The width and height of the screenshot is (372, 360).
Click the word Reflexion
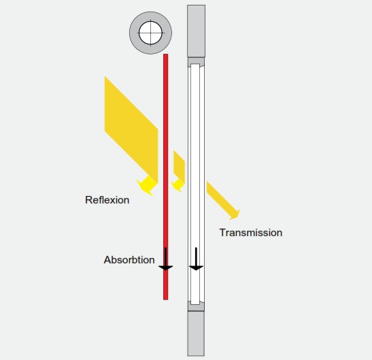107,200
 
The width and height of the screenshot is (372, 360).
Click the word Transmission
251,233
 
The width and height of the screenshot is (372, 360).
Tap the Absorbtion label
129,260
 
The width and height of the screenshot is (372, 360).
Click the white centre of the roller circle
150,33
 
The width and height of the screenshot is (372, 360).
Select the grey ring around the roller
134,33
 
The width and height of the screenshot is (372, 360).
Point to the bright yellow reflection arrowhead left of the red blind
147,186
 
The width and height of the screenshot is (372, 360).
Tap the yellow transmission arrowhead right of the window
235,214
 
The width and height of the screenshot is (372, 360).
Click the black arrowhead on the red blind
165,268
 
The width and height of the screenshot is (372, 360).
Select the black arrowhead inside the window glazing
196,268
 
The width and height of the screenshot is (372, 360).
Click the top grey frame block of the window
197,31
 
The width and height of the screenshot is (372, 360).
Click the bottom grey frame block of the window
196,333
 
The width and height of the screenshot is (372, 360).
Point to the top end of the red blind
165,54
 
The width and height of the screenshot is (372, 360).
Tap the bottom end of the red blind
165,299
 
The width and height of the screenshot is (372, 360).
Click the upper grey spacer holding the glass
196,61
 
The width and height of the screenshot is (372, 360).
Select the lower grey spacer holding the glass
196,307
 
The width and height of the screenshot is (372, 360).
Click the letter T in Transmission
222,233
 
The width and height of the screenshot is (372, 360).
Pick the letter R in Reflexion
88,200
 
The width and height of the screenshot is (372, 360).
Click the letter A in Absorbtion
107,260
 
